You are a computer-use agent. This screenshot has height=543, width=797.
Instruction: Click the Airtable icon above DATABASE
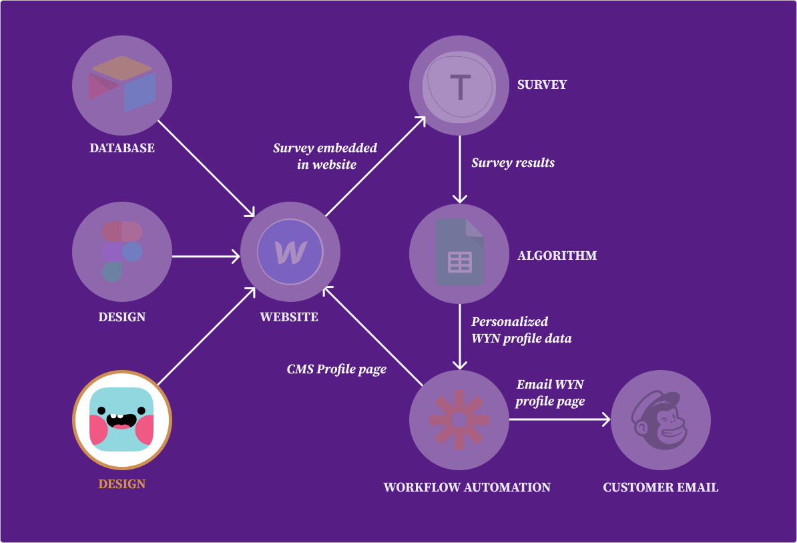[122, 84]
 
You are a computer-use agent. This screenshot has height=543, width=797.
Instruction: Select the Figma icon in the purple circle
[122, 252]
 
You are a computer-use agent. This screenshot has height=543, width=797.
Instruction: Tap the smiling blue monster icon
[122, 419]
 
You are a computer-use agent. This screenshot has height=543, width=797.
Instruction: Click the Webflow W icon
[290, 252]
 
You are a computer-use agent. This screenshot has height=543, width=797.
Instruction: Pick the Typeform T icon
[459, 85]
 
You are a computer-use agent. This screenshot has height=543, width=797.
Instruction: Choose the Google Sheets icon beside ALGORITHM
[459, 253]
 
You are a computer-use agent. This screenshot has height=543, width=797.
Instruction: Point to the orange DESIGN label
[122, 484]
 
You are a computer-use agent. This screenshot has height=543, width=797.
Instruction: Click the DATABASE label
[122, 148]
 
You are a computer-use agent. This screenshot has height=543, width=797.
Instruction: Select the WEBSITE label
[289, 317]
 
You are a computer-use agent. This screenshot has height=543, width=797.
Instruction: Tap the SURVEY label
[542, 85]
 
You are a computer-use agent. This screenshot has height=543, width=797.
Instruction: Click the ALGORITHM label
[557, 255]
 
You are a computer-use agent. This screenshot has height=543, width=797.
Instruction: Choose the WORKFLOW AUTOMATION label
[467, 487]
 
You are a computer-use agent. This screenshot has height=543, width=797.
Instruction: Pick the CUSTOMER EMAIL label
[661, 487]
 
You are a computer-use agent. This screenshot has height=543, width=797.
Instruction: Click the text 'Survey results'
[513, 162]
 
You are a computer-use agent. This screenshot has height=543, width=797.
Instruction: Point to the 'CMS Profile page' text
[336, 369]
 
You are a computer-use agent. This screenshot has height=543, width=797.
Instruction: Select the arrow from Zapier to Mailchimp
[559, 419]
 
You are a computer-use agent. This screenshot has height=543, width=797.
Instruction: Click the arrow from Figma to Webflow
[206, 255]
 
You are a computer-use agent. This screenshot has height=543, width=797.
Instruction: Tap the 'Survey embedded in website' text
[325, 156]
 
